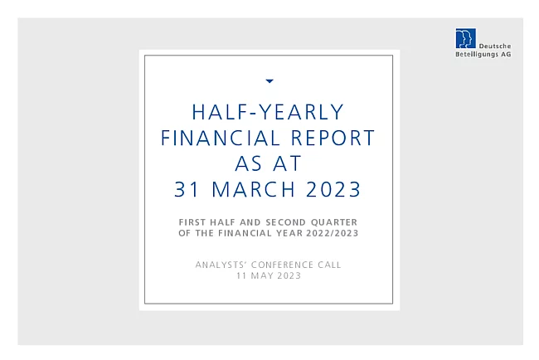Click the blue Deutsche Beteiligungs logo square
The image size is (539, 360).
pyautogui.click(x=466, y=38)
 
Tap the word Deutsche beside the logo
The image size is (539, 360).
pyautogui.click(x=495, y=46)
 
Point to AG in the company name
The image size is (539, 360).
pyautogui.click(x=506, y=54)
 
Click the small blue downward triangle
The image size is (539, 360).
pyautogui.click(x=269, y=81)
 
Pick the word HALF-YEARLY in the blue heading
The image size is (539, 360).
pyautogui.click(x=268, y=112)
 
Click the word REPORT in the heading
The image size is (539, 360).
pyautogui.click(x=333, y=138)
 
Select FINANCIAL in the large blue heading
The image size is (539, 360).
pyautogui.click(x=221, y=138)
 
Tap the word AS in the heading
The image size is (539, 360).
pyautogui.click(x=248, y=163)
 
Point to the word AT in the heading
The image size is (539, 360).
pyautogui.click(x=288, y=163)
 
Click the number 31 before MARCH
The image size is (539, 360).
pyautogui.click(x=187, y=189)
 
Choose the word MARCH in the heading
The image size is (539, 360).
pyautogui.click(x=254, y=189)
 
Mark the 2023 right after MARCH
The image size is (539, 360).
pyautogui.click(x=333, y=189)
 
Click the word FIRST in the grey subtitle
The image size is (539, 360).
pyautogui.click(x=192, y=222)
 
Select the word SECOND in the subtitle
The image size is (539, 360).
pyautogui.click(x=285, y=222)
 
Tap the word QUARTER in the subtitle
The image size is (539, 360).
pyautogui.click(x=334, y=222)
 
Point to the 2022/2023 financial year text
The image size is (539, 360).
pyautogui.click(x=333, y=233)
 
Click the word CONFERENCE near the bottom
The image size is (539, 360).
pyautogui.click(x=282, y=265)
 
